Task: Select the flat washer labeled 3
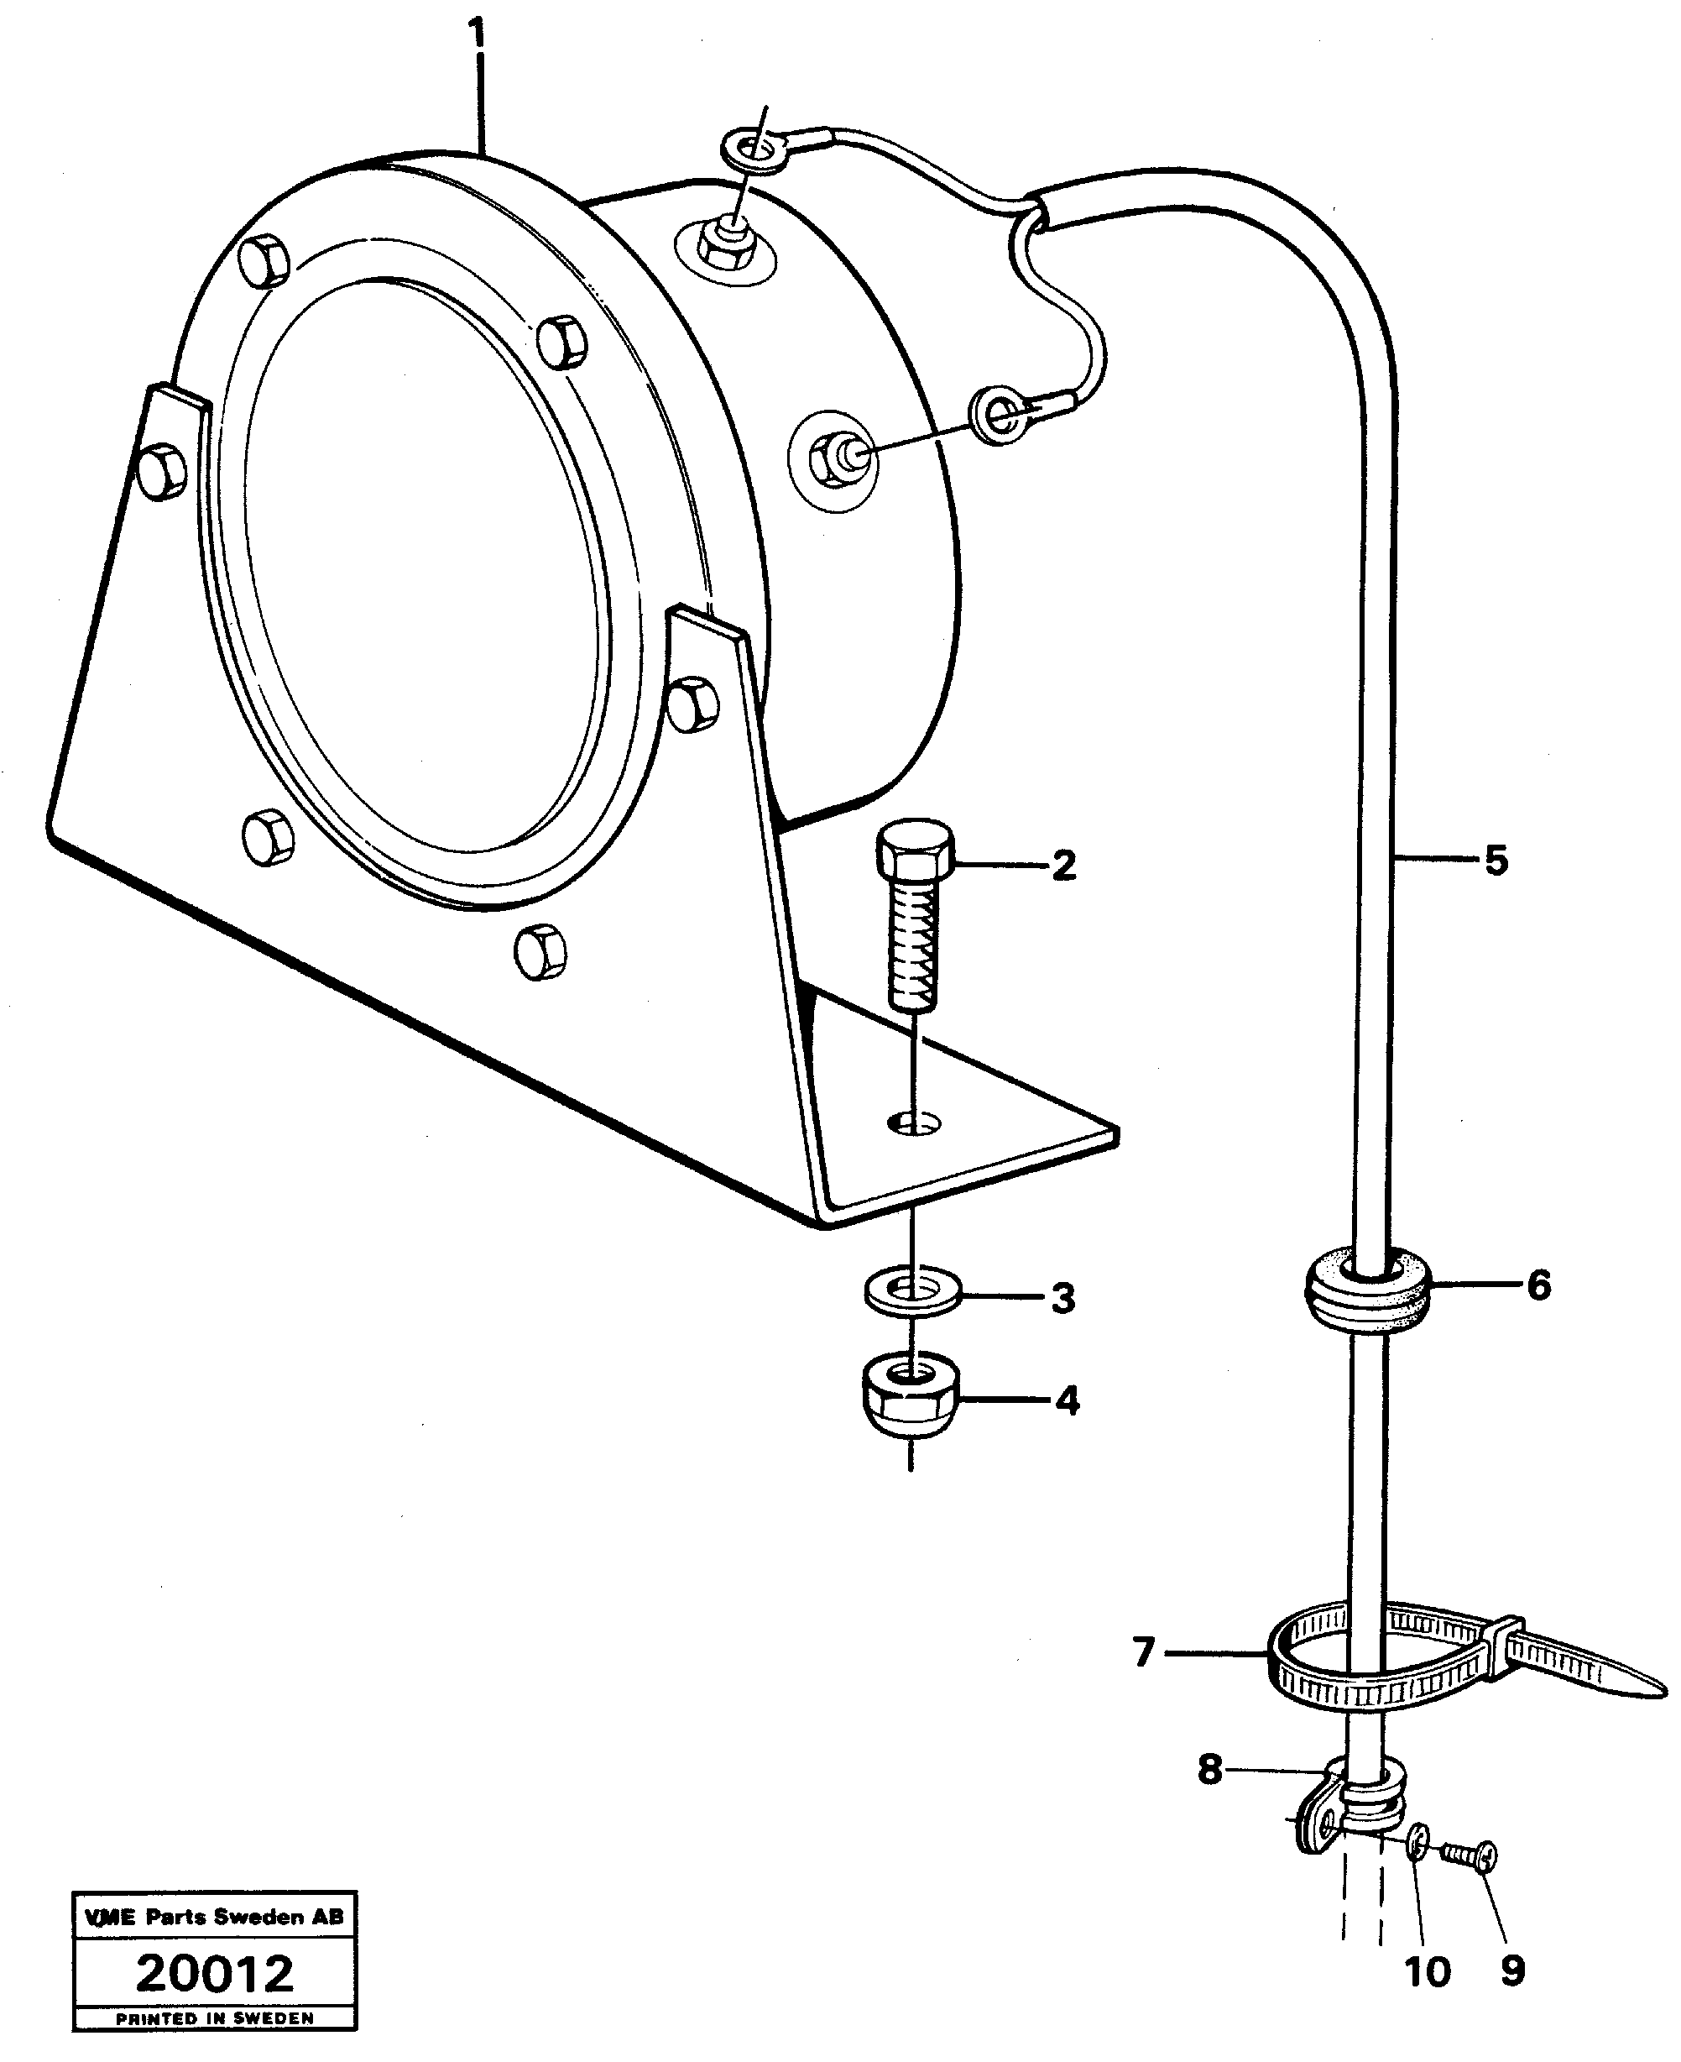click(x=912, y=1293)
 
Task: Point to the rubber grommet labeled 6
click(x=1366, y=1292)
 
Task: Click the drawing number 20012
click(x=214, y=1974)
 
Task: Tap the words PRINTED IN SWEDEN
click(x=214, y=2018)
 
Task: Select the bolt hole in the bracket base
click(x=914, y=1123)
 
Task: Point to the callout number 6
click(x=1538, y=1285)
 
